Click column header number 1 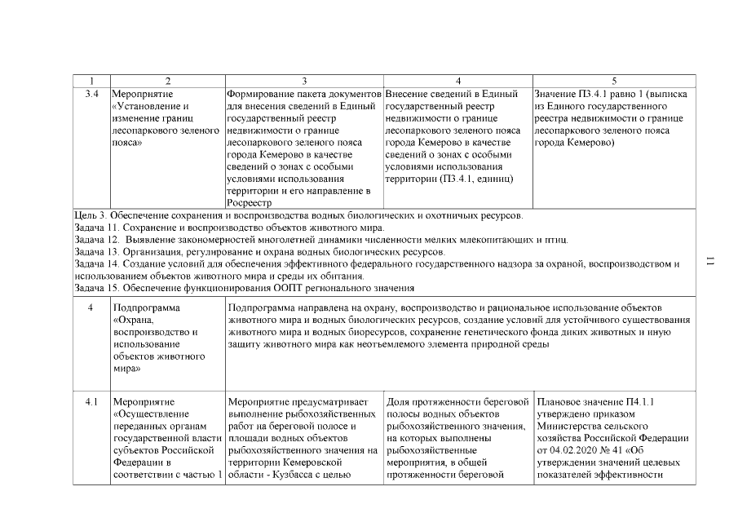[x=91, y=80]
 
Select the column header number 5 [x=614, y=80]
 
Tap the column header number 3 [x=303, y=80]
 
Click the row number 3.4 [x=91, y=94]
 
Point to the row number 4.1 [x=91, y=401]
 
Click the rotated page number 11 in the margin [x=710, y=261]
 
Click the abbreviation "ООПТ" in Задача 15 [x=282, y=288]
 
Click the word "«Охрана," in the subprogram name [x=133, y=321]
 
